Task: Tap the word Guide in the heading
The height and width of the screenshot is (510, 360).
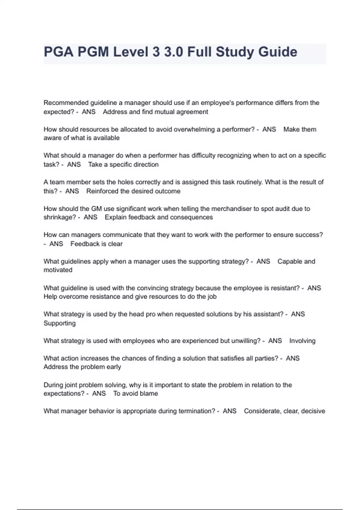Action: (277, 52)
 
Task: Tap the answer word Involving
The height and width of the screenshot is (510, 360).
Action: (302, 341)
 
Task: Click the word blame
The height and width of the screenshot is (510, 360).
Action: (149, 394)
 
